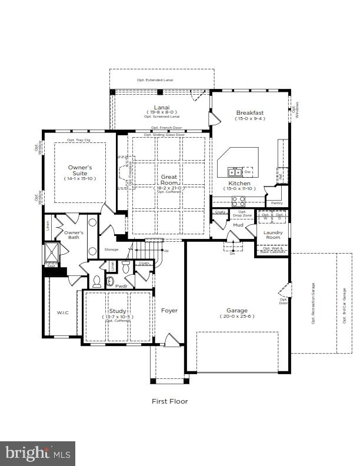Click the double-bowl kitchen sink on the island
point(235,172)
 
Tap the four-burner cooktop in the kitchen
point(239,200)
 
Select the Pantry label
point(276,203)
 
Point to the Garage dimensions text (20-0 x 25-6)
point(237,317)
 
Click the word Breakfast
point(250,112)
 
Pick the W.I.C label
point(62,312)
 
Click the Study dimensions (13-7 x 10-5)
point(118,317)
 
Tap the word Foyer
point(169,310)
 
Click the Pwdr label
point(121,286)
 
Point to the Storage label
point(111,249)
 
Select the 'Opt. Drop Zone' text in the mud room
point(242,214)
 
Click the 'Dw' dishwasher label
point(248,172)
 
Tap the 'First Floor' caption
point(170,401)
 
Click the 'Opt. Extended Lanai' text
point(161,79)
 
